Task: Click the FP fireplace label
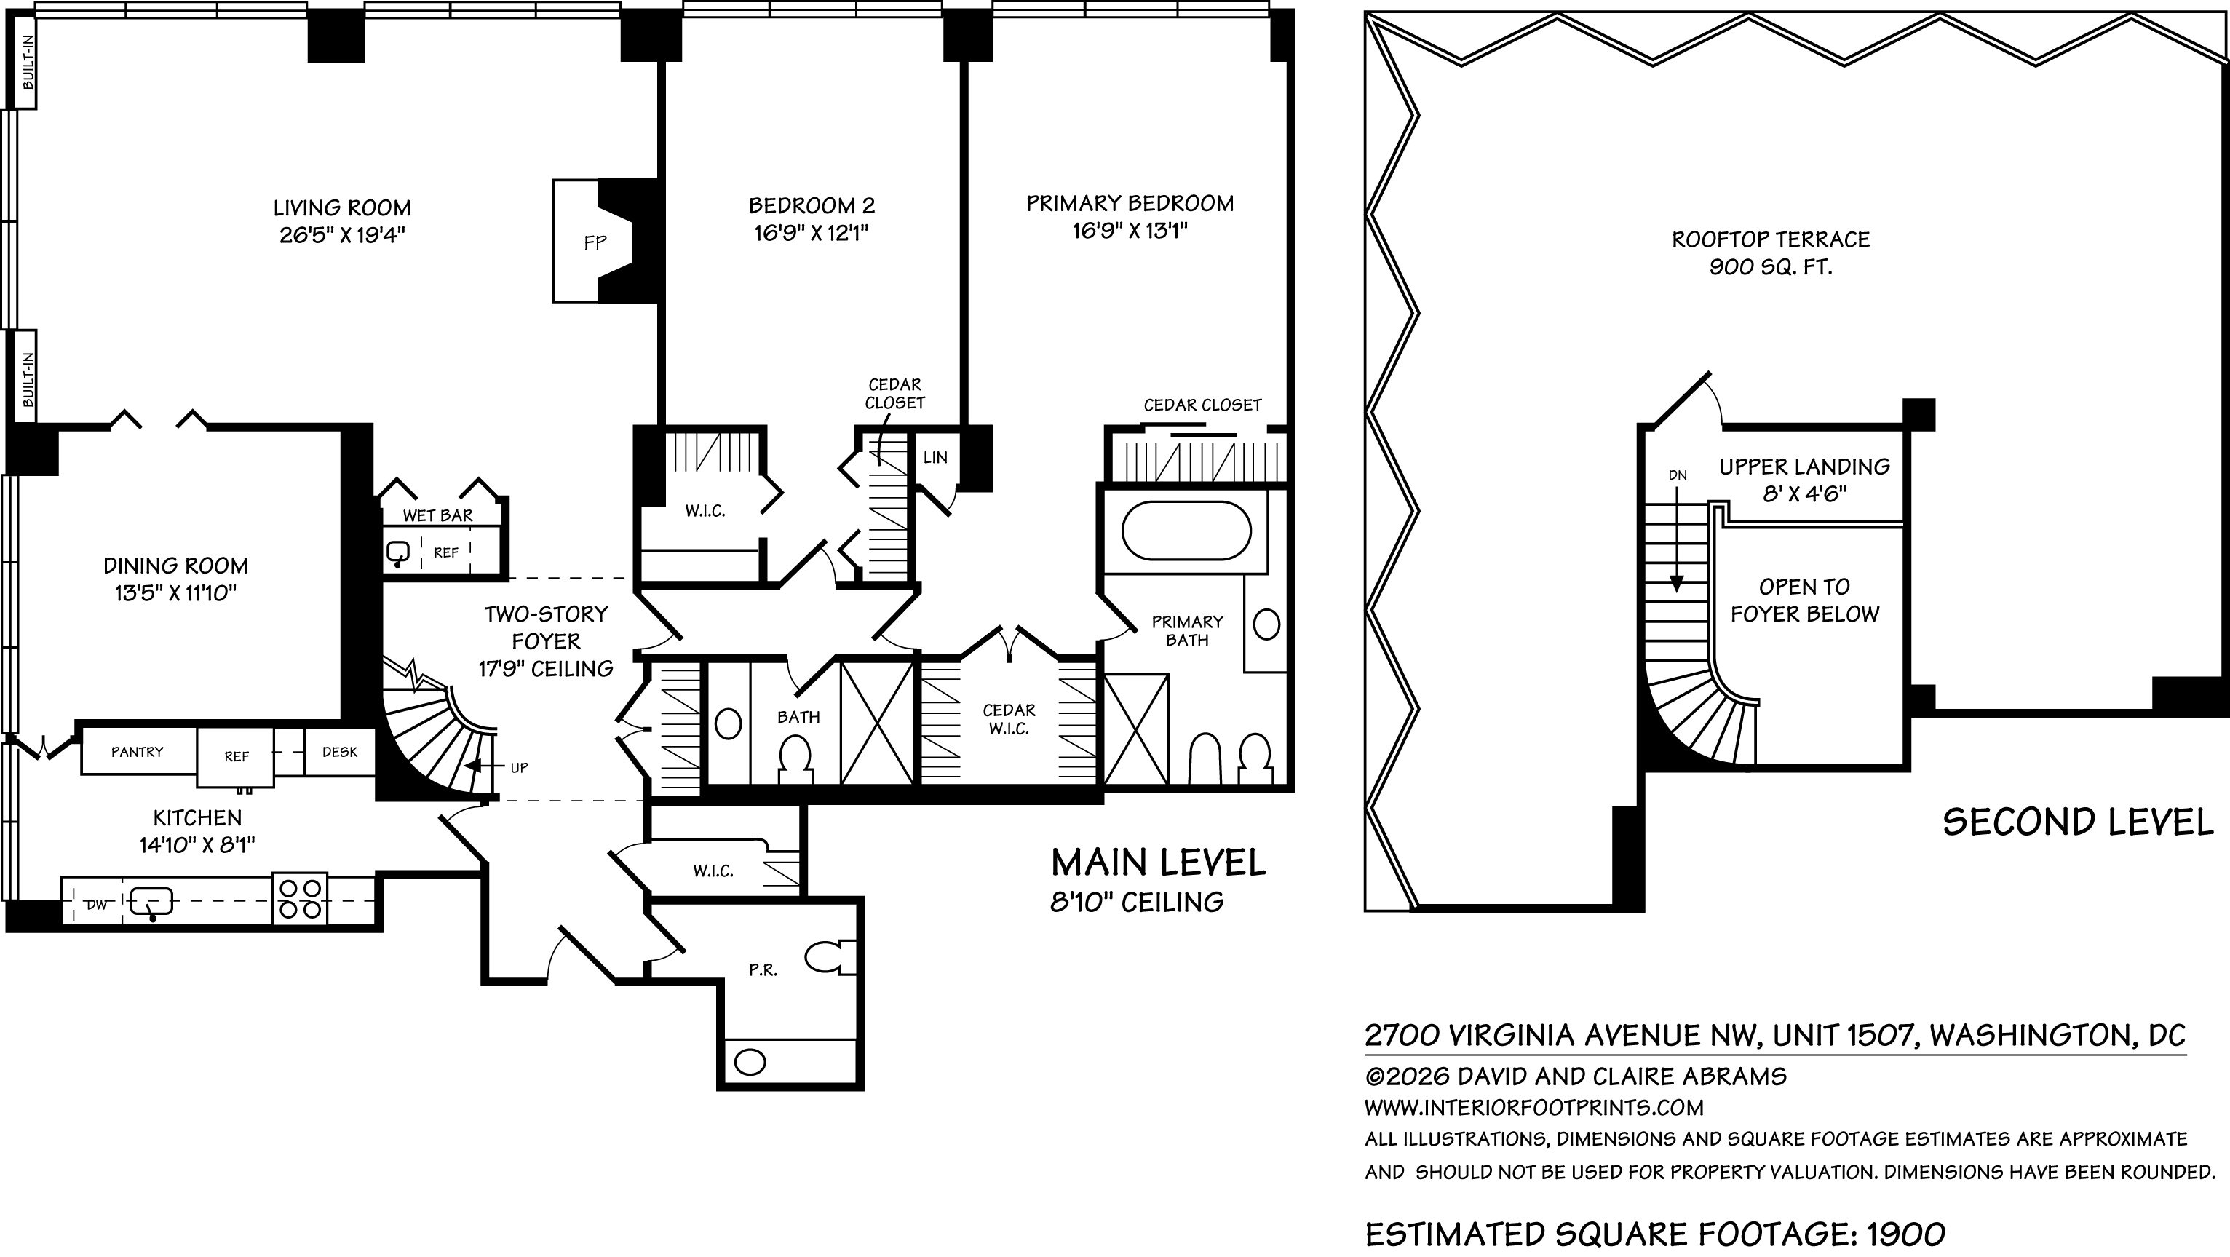coord(595,243)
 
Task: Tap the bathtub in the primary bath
coord(1186,531)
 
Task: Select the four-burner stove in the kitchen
coord(301,900)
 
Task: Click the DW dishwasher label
coord(97,905)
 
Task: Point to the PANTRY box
coord(138,751)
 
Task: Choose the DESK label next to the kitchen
coord(339,751)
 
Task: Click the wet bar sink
coord(399,552)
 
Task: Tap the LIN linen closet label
coord(935,457)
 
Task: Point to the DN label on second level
coord(1678,475)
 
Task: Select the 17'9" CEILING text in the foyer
coord(547,668)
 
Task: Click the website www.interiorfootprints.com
coord(1534,1107)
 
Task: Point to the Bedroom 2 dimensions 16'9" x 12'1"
coord(812,233)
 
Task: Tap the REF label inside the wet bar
coord(446,552)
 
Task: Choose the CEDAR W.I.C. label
coord(1009,719)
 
